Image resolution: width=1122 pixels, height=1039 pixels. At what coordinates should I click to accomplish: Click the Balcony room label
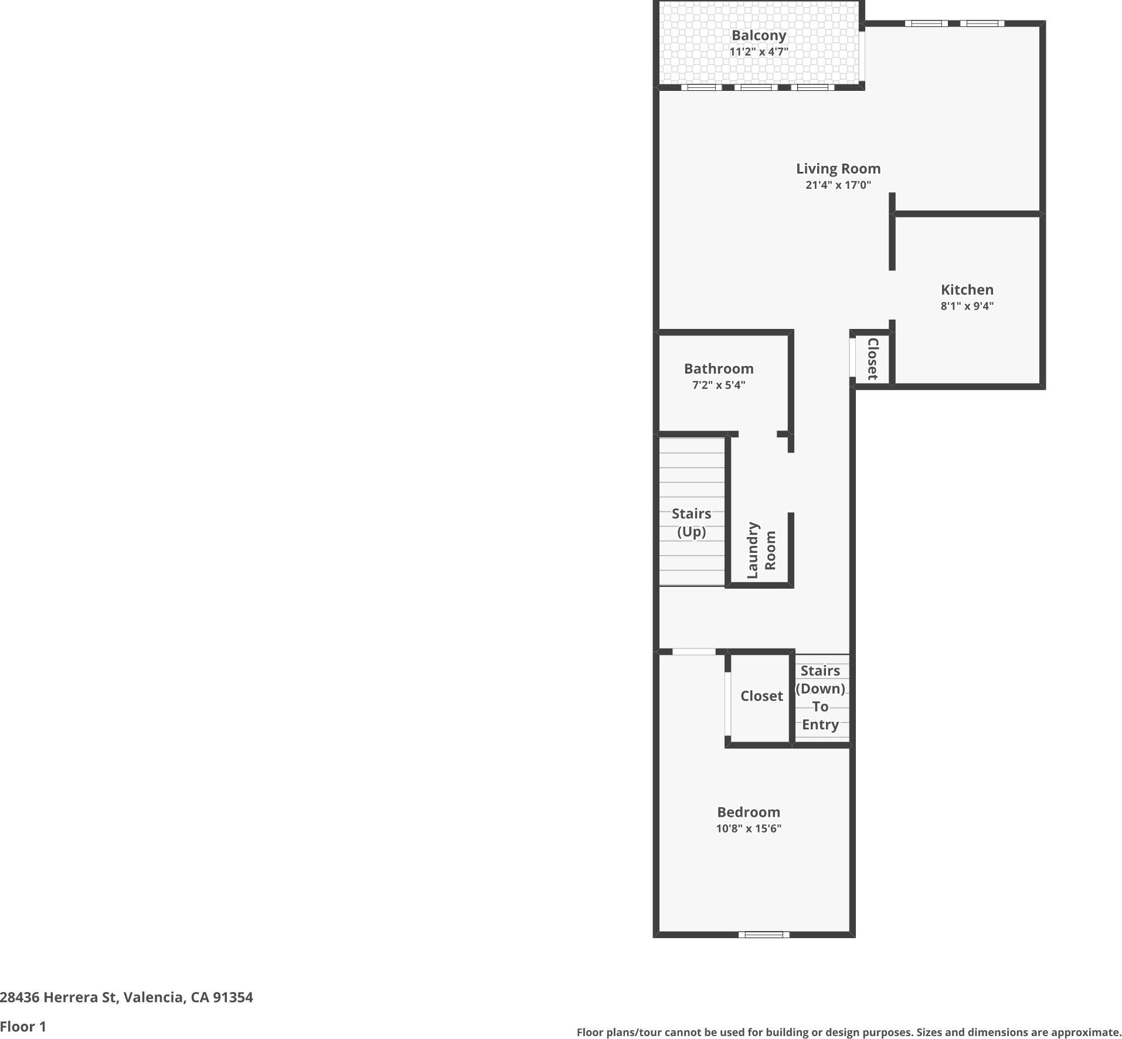759,35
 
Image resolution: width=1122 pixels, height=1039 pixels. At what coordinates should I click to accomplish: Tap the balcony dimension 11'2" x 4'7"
759,52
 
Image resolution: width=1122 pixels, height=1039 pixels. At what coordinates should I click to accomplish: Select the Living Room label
838,169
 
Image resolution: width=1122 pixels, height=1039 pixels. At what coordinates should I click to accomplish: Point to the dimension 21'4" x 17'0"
838,185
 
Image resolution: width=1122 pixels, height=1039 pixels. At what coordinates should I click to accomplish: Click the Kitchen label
967,290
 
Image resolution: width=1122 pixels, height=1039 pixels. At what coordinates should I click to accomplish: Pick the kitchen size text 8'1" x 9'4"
967,306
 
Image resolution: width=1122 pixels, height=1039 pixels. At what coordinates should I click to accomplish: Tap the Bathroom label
719,369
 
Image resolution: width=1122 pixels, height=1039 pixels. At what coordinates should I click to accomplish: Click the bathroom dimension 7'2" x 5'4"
719,385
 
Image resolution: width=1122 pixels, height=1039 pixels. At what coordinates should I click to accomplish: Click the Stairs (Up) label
691,522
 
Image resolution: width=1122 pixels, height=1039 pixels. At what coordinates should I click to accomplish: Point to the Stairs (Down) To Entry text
820,697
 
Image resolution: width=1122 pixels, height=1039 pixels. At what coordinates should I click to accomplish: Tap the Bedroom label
749,812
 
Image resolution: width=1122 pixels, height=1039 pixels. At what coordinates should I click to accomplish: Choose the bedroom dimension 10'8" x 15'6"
749,829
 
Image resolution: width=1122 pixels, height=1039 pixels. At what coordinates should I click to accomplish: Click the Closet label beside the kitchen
872,359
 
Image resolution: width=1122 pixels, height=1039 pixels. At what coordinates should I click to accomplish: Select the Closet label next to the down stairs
761,696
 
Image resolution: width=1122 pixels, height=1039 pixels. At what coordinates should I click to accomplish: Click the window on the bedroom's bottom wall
763,935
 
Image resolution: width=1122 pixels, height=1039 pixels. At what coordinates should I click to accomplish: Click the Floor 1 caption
23,1027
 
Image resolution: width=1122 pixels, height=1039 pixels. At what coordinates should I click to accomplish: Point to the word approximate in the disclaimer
1085,1033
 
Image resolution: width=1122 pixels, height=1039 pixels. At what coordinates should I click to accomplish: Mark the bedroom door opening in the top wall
693,652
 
